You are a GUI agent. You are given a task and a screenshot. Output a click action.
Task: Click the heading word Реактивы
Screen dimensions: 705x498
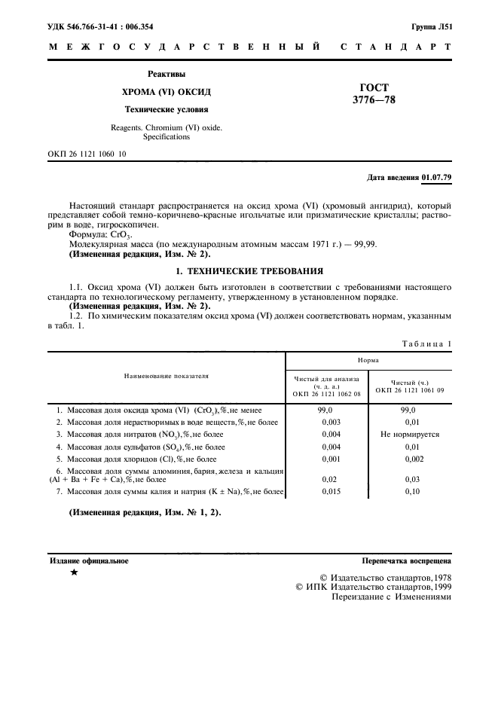point(166,74)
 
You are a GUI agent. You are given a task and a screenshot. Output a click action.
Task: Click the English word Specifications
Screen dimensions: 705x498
point(166,137)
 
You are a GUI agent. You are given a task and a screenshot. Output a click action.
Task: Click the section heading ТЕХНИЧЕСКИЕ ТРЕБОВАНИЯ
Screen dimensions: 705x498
point(256,270)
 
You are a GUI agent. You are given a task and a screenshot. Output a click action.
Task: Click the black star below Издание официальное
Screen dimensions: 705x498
point(73,574)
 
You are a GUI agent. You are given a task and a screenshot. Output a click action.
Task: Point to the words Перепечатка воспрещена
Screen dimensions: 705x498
point(407,561)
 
